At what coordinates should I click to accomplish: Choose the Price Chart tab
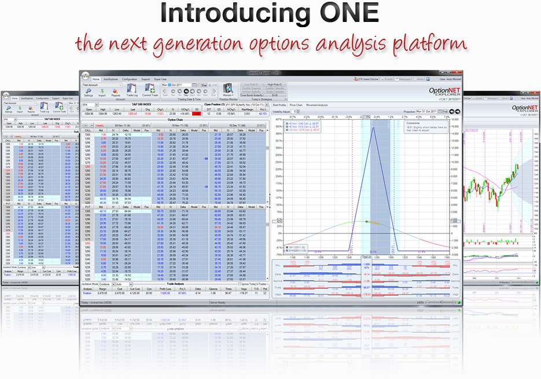[x=297, y=105]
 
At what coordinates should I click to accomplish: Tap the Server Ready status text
[x=218, y=302]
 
